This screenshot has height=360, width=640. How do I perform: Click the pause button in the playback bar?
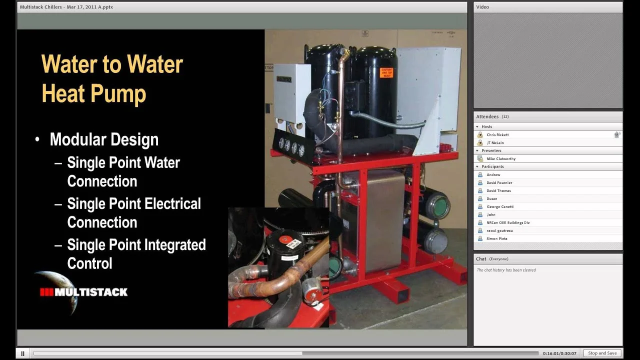click(22, 353)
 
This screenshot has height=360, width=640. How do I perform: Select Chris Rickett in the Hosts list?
click(497, 134)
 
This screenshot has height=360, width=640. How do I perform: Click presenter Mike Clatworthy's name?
click(501, 158)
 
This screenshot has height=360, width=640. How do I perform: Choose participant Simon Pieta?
click(496, 238)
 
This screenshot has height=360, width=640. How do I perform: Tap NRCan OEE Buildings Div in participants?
click(508, 222)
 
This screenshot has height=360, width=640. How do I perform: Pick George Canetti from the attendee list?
click(500, 206)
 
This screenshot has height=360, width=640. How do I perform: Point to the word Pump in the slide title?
click(119, 93)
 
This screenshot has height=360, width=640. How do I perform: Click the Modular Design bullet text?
click(104, 139)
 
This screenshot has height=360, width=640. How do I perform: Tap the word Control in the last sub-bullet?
click(89, 263)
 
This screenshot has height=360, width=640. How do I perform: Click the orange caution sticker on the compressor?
click(386, 72)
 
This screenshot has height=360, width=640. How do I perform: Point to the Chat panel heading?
click(481, 259)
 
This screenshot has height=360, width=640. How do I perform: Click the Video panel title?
click(482, 7)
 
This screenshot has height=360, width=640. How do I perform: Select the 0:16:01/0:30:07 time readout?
click(559, 353)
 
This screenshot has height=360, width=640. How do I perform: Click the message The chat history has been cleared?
click(506, 270)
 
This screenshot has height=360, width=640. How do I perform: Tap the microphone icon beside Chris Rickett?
click(617, 134)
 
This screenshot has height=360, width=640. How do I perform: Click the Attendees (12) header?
click(492, 116)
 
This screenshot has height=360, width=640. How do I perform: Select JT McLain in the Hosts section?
click(495, 142)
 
